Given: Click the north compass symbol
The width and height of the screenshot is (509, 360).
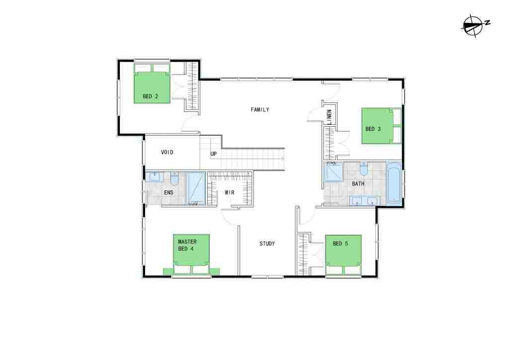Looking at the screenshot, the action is pyautogui.click(x=475, y=26).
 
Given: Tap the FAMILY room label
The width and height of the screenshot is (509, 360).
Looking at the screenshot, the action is pyautogui.click(x=259, y=110).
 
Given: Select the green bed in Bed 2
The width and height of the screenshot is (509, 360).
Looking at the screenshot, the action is pyautogui.click(x=152, y=84).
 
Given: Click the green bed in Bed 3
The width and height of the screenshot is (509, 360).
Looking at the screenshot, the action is pyautogui.click(x=382, y=126).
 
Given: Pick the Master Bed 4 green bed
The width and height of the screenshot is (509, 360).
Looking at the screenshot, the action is pyautogui.click(x=191, y=255).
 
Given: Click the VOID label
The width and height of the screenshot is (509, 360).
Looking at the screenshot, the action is pyautogui.click(x=167, y=152).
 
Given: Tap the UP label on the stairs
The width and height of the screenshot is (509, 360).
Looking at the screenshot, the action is pyautogui.click(x=213, y=154).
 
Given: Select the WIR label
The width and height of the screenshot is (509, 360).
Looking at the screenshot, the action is pyautogui.click(x=230, y=192).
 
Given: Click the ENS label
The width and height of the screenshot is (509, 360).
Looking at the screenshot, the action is pyautogui.click(x=169, y=192).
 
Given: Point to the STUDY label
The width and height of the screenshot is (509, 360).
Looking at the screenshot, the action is pyautogui.click(x=267, y=244).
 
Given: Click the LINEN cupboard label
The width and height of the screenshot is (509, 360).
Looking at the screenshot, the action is pyautogui.click(x=329, y=117).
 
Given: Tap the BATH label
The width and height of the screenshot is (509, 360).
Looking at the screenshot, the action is pyautogui.click(x=358, y=184).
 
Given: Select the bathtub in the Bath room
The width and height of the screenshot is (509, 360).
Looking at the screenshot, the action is pyautogui.click(x=394, y=183).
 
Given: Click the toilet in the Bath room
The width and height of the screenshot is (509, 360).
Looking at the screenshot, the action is pyautogui.click(x=363, y=169).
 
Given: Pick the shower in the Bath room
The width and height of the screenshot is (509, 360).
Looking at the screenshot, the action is pyautogui.click(x=334, y=172).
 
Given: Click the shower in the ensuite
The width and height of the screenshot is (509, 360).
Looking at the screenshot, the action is pyautogui.click(x=196, y=188).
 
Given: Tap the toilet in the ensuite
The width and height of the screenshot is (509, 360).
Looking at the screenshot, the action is pyautogui.click(x=174, y=178).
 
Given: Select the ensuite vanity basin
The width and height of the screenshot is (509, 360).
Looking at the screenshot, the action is pyautogui.click(x=154, y=177).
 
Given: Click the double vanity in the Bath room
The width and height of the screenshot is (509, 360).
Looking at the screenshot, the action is pyautogui.click(x=364, y=201).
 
